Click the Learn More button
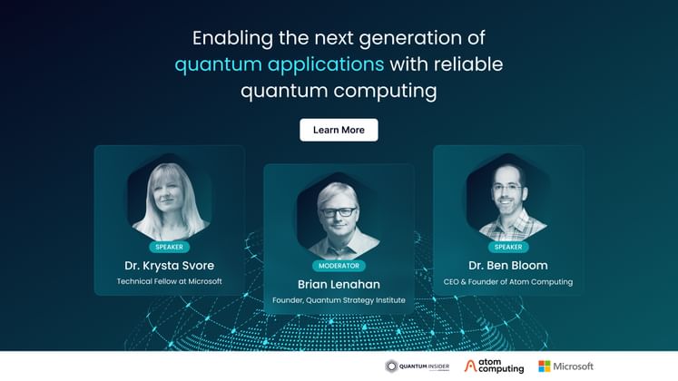(x=339, y=130)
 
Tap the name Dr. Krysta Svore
(x=169, y=266)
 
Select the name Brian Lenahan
(x=339, y=284)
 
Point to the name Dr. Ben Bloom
(x=508, y=266)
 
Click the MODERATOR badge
(x=339, y=266)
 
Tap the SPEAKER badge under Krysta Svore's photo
(x=169, y=247)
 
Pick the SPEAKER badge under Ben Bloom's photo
(x=508, y=247)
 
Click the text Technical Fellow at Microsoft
(x=169, y=281)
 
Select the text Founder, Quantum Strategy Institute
(x=339, y=300)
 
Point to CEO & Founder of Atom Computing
(x=508, y=282)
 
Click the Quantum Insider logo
(x=417, y=366)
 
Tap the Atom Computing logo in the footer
(x=494, y=366)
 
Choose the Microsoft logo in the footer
(x=565, y=366)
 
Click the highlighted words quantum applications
(x=279, y=64)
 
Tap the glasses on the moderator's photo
(x=338, y=211)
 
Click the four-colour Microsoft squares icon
(x=545, y=366)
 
